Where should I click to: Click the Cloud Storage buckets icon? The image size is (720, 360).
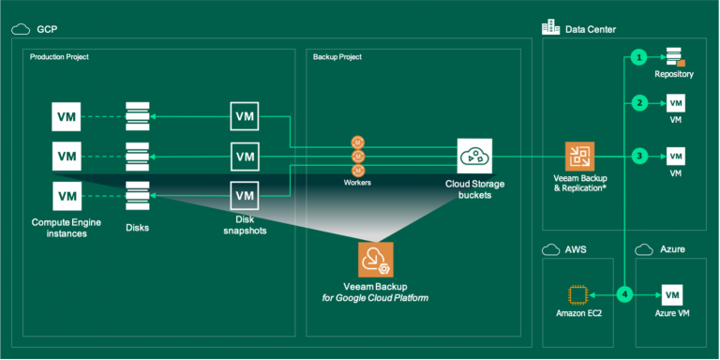coord(474,156)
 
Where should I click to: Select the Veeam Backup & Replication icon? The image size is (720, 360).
coord(579,156)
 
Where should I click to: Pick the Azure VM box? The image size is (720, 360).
coord(671,294)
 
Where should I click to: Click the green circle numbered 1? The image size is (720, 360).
coord(639,57)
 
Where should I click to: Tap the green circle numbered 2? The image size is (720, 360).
coord(639,102)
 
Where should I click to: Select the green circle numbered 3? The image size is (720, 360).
coord(639,155)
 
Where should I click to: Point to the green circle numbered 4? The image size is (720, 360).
coord(625,294)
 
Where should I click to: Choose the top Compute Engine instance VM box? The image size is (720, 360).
coord(67,117)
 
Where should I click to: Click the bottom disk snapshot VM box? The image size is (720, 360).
coord(244,195)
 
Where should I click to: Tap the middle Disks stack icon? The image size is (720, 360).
coord(137,156)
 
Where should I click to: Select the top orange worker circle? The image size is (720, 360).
coord(357,141)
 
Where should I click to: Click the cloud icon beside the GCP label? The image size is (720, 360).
coord(20,29)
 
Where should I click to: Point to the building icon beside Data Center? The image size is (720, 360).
coord(551,28)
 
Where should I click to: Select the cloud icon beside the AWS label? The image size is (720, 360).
coord(550,251)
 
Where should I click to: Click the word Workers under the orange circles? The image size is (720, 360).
coord(357,183)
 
